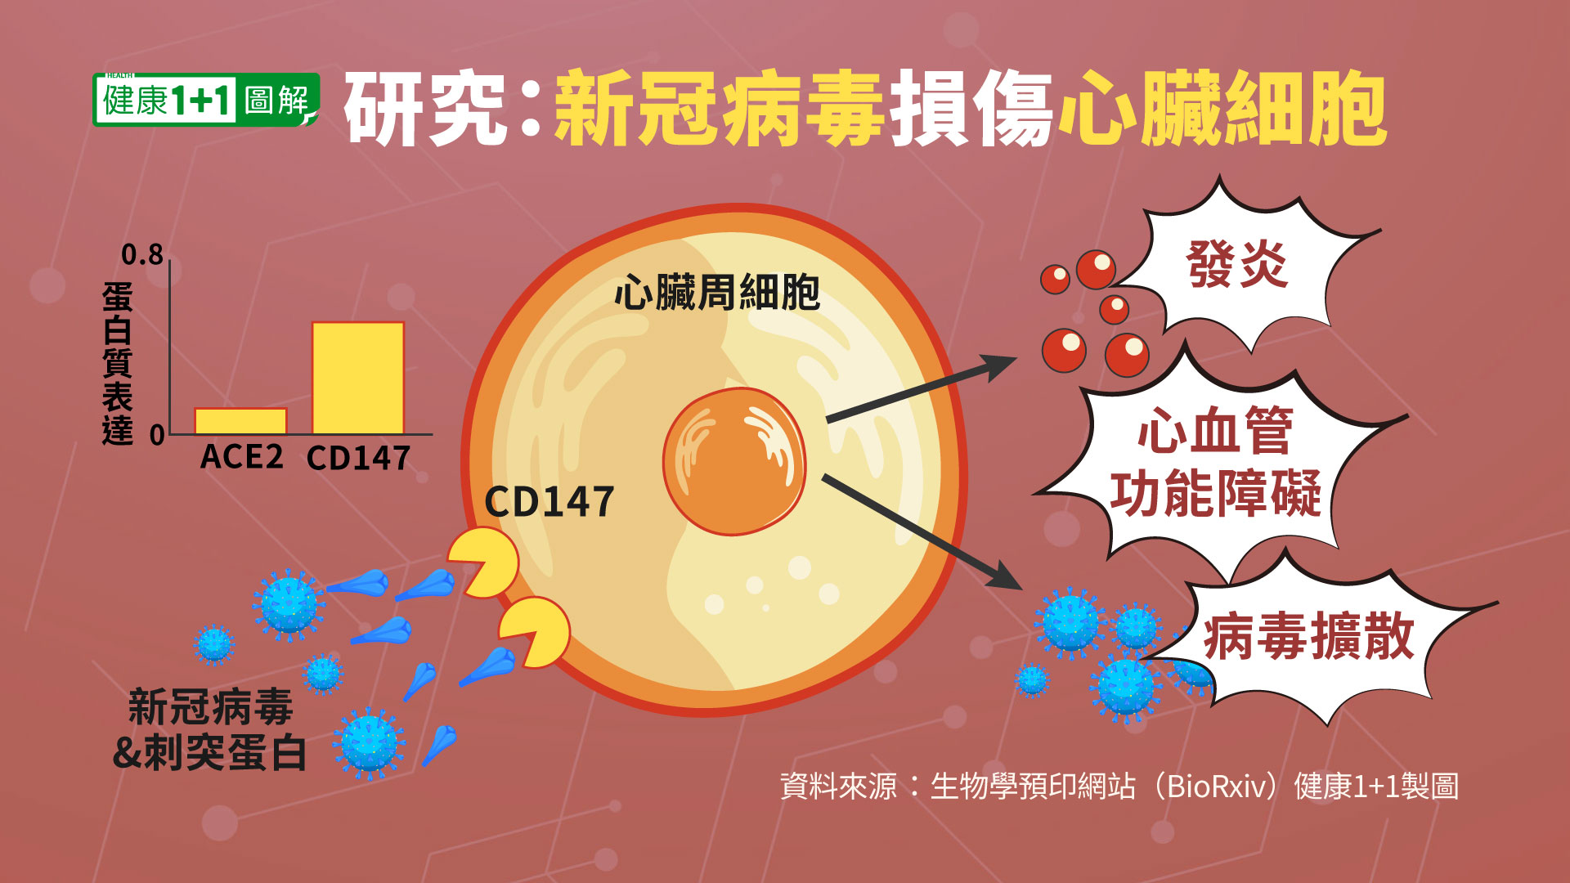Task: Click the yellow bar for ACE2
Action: tap(240, 421)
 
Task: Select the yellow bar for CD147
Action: tap(358, 378)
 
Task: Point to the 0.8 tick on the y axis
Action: tap(142, 255)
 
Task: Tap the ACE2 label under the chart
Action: tap(242, 456)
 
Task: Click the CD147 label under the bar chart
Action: tap(358, 458)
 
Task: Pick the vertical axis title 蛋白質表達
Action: tap(117, 364)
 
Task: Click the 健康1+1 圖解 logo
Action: tap(205, 100)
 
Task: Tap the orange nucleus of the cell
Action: tap(733, 462)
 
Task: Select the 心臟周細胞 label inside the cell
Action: tap(716, 293)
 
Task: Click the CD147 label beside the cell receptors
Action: tap(549, 502)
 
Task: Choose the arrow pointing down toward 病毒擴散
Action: tap(922, 531)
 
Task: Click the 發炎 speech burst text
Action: tap(1237, 265)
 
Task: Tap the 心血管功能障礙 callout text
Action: tap(1216, 462)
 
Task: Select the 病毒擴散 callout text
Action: tap(1308, 636)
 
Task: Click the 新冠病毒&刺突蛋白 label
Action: tap(210, 730)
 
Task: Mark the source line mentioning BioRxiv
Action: tap(1119, 787)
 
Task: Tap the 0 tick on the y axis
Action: tap(157, 436)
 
